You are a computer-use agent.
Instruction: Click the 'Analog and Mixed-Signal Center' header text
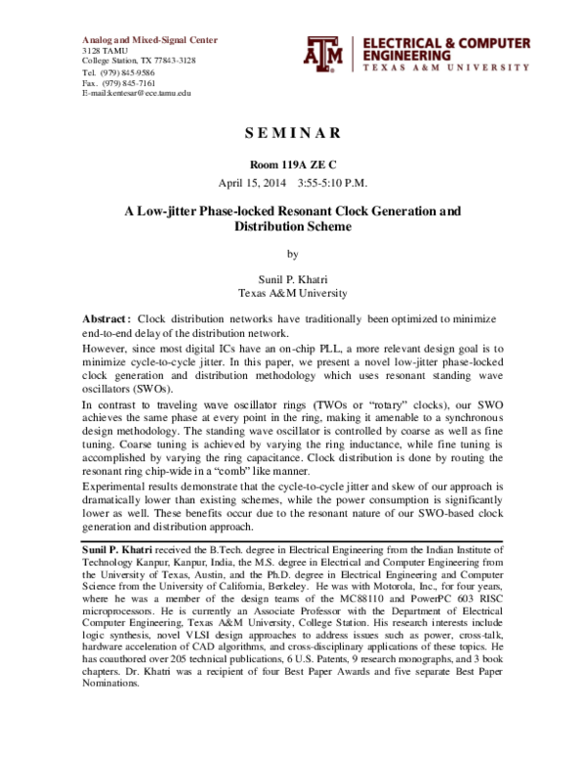pyautogui.click(x=149, y=40)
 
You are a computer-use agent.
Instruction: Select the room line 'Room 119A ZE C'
pyautogui.click(x=292, y=165)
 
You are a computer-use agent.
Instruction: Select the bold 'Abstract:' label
pyautogui.click(x=105, y=320)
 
